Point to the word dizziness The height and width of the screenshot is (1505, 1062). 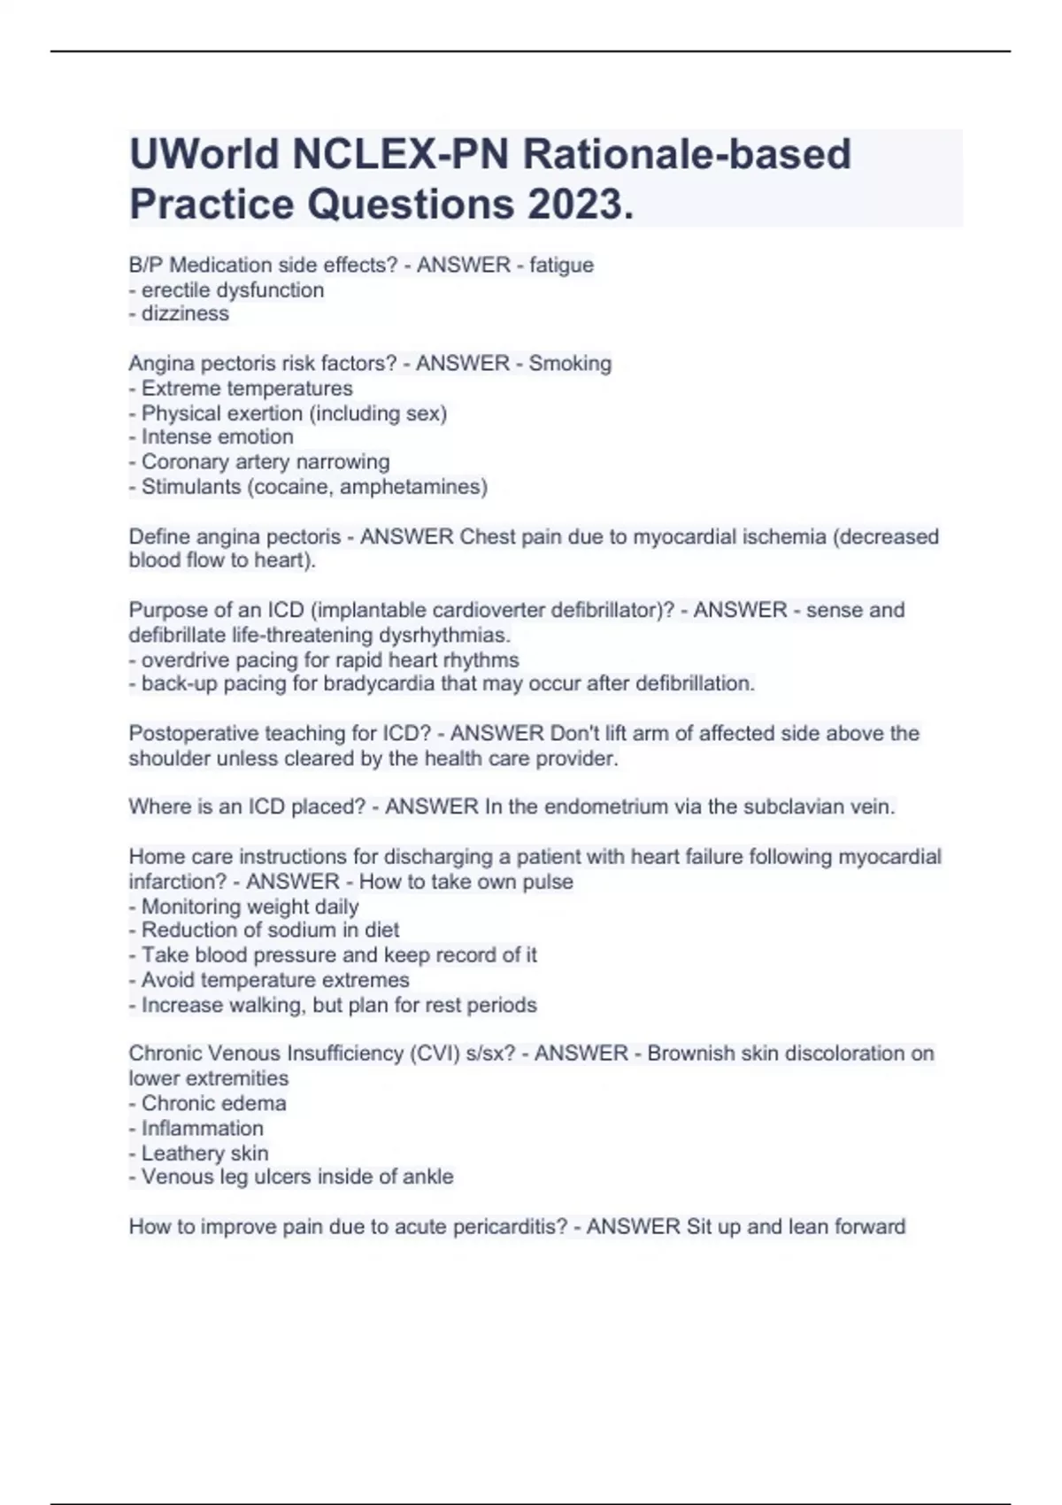(185, 313)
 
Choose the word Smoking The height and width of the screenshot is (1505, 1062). (570, 363)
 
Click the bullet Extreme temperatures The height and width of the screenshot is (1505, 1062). (241, 388)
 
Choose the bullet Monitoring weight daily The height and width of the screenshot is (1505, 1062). (243, 907)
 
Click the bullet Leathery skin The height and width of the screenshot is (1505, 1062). (198, 1153)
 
